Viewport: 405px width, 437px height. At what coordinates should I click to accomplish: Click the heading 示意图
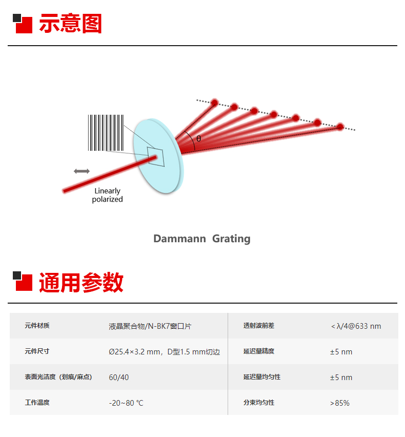70,24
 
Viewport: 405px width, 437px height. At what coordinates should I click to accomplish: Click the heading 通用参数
81,282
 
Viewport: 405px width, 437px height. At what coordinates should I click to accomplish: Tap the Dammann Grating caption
202,239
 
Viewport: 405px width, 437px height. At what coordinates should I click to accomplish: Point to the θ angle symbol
198,138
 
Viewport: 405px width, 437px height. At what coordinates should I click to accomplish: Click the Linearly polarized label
108,195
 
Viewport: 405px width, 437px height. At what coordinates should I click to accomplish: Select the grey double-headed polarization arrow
82,171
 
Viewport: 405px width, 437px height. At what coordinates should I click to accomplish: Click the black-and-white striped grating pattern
106,133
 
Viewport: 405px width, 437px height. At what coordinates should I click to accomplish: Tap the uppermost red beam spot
214,103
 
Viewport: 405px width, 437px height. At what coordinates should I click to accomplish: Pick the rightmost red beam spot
340,127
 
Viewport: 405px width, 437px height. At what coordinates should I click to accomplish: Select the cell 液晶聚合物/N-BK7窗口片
150,326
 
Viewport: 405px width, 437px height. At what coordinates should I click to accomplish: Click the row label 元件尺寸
37,351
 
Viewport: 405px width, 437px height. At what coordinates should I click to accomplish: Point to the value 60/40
119,377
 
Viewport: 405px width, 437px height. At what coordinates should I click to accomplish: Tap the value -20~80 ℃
126,403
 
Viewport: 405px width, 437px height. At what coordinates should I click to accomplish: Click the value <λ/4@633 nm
356,326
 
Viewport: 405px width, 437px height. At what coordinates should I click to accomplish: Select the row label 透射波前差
259,326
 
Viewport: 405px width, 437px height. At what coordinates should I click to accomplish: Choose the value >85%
340,403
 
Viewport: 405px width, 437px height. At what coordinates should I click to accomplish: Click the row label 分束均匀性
259,403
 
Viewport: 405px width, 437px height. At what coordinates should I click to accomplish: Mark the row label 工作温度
37,403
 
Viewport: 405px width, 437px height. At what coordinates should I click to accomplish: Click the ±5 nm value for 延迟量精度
341,351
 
